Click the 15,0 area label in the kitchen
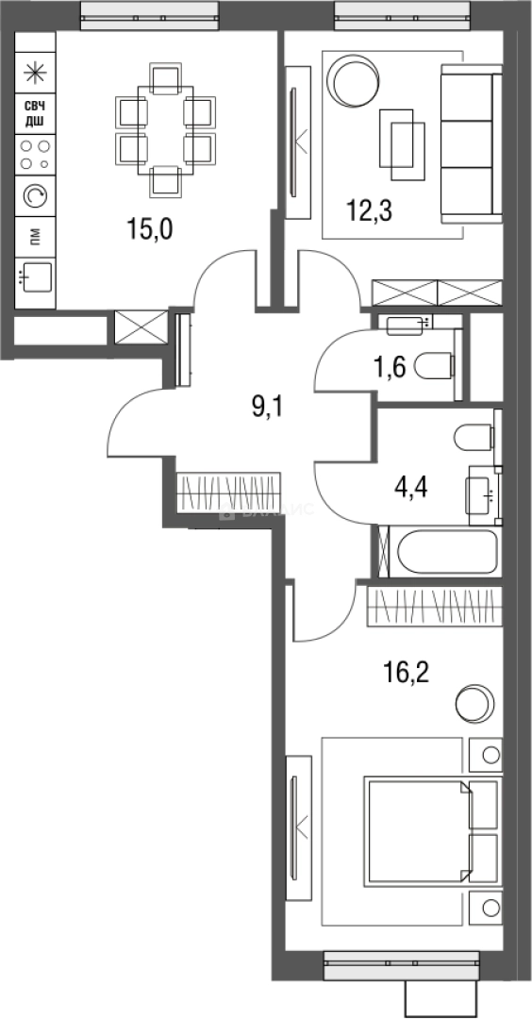point(151,228)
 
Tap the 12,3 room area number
point(369,209)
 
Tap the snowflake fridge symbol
point(35,71)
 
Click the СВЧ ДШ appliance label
point(35,114)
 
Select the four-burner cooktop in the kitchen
point(35,154)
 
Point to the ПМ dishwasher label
point(35,235)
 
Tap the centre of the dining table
point(166,128)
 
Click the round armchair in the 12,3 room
point(351,80)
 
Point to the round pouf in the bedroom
point(473,704)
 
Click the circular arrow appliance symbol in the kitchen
point(35,194)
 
